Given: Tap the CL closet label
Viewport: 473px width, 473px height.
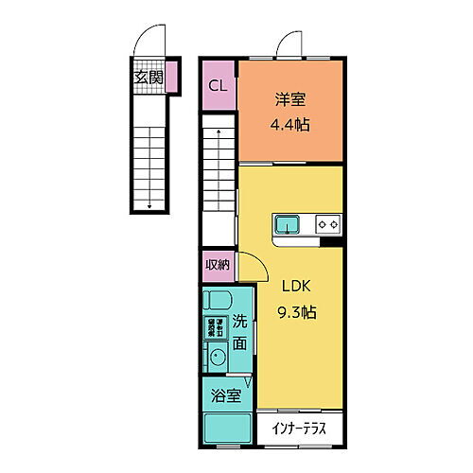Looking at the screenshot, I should point(218,85).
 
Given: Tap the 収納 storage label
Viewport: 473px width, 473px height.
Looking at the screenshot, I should point(218,265).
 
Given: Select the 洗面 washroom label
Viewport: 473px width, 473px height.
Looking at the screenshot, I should point(240,333).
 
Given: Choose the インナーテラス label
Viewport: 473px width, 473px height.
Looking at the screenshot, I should point(299,429).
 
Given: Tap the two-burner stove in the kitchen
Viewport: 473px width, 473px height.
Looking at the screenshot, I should point(327,225).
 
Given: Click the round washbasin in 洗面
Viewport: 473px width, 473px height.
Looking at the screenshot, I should point(216,358).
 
